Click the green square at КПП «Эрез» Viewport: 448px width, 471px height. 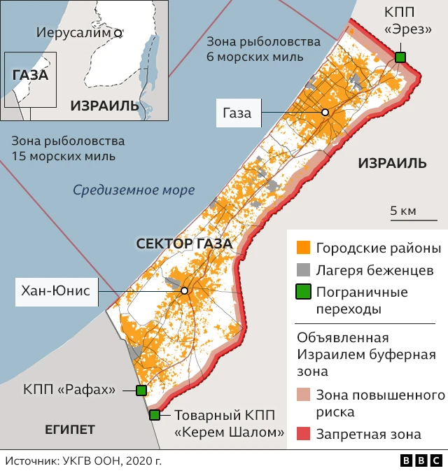coord(400,57)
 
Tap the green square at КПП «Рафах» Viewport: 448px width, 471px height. coord(141,391)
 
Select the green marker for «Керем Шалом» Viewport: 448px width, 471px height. coord(155,415)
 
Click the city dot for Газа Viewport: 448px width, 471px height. coord(325,113)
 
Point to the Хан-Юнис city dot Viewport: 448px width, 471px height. coord(184,290)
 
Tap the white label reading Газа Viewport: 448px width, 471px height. coord(237,113)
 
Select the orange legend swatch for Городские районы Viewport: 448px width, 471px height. coord(303,248)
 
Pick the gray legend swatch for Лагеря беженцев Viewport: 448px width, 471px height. coord(303,270)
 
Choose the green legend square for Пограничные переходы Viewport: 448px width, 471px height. coord(303,292)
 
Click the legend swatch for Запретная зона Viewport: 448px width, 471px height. coord(303,434)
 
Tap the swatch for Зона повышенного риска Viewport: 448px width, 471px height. coord(303,395)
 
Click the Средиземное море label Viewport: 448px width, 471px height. coord(134,190)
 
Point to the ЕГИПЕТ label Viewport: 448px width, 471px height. coord(69,429)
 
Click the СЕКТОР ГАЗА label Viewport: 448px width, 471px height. coord(184,244)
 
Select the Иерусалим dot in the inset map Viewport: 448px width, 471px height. coord(118,32)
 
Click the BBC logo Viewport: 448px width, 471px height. coord(421,461)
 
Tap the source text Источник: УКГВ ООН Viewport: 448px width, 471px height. coord(83,461)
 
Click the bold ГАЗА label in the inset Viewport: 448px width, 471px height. coord(30,75)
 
